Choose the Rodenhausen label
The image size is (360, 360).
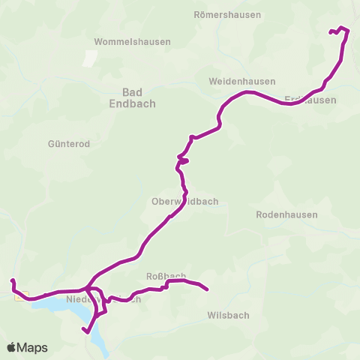(x=286, y=214)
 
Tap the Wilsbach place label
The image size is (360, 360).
(x=228, y=316)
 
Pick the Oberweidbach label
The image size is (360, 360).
(x=184, y=202)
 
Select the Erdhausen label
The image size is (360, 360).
(x=310, y=100)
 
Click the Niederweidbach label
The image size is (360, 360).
(x=103, y=299)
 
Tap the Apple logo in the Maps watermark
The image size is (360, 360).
(x=12, y=347)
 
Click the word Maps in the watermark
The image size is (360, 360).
(x=32, y=347)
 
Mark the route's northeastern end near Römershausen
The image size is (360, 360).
(x=330, y=31)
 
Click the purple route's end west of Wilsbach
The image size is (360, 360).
(x=206, y=289)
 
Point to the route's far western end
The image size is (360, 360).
(x=13, y=280)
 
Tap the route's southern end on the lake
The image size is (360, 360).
(x=85, y=331)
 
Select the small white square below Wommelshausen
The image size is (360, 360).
(x=91, y=58)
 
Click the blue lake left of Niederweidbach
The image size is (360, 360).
(x=52, y=306)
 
